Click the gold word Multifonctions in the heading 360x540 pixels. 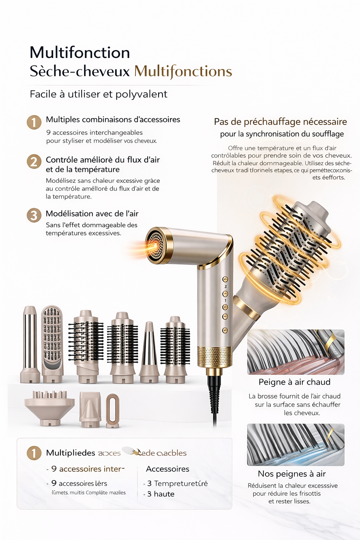click(x=183, y=71)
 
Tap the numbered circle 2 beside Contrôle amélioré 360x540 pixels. click(x=34, y=162)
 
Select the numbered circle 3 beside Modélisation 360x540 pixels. click(x=34, y=215)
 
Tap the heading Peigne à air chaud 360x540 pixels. click(x=295, y=382)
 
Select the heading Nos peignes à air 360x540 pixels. click(x=292, y=474)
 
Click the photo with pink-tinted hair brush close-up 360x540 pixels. click(x=296, y=352)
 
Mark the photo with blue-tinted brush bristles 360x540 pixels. click(x=296, y=445)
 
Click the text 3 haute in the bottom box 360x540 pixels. click(x=161, y=494)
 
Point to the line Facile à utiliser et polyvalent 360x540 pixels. click(x=98, y=94)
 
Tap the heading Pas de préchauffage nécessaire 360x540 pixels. click(x=280, y=122)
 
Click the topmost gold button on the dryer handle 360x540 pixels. click(x=225, y=279)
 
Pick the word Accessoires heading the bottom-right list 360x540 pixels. click(x=168, y=469)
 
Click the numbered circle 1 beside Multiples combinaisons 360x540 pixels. click(x=34, y=122)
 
